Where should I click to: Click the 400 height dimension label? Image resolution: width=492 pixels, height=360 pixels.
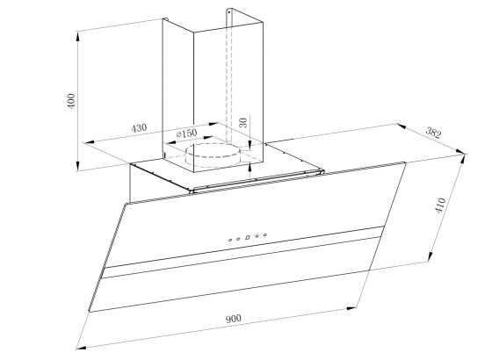pos(72,101)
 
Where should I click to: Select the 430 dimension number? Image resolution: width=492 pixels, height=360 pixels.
pos(139,128)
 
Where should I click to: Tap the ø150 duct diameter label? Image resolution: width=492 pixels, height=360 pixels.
pos(187,133)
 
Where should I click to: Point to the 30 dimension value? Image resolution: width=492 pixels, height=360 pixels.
pos(243,122)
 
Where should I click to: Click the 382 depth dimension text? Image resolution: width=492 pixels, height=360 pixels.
pos(433,133)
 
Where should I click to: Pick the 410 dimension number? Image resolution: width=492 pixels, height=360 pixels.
pos(440,205)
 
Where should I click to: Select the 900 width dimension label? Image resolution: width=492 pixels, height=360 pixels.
pos(234,319)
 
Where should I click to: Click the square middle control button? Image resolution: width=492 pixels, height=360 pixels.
pos(247,237)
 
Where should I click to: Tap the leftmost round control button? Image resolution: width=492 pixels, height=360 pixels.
pos(230,241)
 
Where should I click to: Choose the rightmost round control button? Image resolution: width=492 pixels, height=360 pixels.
pos(265,234)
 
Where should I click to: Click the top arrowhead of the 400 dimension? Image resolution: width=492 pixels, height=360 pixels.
pos(77,36)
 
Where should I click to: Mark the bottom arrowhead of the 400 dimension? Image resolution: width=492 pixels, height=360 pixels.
pos(77,166)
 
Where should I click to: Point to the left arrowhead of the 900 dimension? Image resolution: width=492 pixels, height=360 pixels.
pos(82,347)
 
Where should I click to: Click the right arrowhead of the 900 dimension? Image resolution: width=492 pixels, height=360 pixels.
pos(351,308)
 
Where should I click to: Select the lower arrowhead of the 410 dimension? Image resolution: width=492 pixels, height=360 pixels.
pos(430,256)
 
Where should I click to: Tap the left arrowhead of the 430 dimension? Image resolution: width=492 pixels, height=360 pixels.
pos(90,142)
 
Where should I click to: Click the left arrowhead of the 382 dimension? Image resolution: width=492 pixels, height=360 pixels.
pos(402,126)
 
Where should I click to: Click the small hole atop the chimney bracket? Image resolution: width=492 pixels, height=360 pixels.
pos(229,12)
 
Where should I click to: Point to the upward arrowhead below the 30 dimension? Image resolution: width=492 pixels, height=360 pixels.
pos(250,167)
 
